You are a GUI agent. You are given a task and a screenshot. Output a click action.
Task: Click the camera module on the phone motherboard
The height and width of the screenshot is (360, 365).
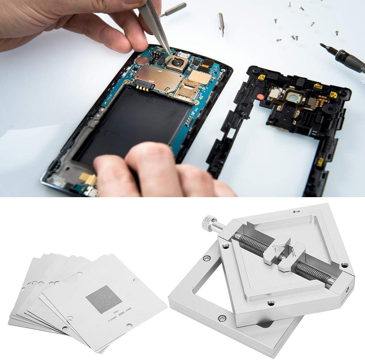coord(178,63)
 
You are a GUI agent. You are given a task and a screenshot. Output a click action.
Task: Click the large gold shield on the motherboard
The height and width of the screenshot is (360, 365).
coord(158,78)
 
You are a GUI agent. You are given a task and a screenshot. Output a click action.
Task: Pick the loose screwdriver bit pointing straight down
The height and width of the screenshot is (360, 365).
coord(221,23)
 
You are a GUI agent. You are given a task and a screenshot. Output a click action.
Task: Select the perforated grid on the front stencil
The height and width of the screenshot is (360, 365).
coord(104,299)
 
